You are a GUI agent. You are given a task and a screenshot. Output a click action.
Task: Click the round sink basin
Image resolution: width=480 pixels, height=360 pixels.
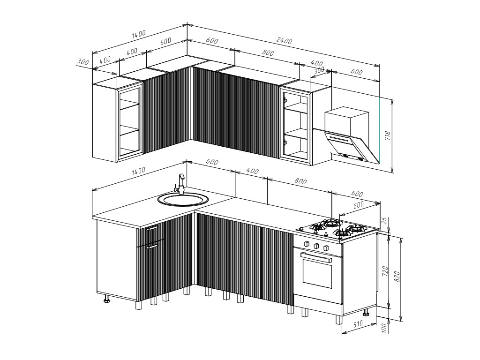pyautogui.click(x=183, y=199)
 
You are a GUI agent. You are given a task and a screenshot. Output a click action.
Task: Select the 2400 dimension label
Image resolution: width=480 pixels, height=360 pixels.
pyautogui.click(x=284, y=40)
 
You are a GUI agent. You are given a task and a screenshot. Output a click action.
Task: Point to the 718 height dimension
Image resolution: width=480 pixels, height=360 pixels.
pyautogui.click(x=388, y=135)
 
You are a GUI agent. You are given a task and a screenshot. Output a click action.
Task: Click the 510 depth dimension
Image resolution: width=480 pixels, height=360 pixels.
pyautogui.click(x=358, y=323)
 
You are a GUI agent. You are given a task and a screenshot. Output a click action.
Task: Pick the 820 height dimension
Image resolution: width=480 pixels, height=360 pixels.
pyautogui.click(x=397, y=277)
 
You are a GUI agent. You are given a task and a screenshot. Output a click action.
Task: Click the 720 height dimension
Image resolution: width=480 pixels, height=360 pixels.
pyautogui.click(x=385, y=272)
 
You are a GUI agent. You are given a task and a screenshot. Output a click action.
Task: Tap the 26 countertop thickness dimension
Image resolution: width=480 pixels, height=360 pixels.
pyautogui.click(x=385, y=221)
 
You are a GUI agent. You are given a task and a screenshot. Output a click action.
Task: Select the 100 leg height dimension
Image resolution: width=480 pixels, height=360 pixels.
pyautogui.click(x=385, y=328)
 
